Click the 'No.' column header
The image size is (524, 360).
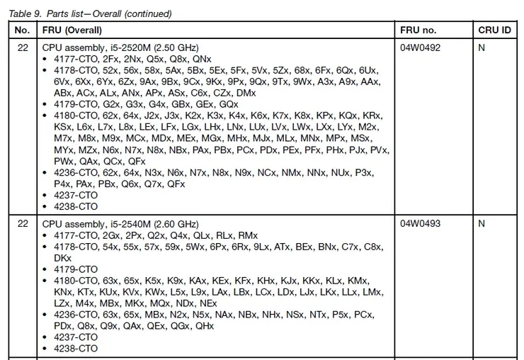point(22,30)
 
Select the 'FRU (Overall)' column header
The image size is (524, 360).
point(72,30)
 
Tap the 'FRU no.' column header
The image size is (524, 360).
point(418,30)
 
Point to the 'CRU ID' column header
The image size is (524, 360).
point(494,30)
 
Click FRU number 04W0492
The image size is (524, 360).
point(420,47)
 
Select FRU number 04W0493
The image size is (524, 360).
point(420,224)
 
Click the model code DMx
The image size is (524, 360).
point(246,93)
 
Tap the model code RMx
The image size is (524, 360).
point(247,235)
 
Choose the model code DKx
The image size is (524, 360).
point(63,258)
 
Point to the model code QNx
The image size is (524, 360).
point(202,59)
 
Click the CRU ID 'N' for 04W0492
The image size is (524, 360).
point(482,47)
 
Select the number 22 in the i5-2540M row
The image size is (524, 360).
point(22,224)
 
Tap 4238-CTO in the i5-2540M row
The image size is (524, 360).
point(76,349)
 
